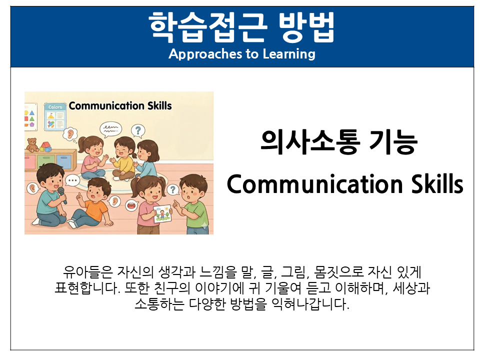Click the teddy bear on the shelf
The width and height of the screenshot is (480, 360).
pos(32,145)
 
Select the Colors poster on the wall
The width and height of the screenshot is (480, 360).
pos(55,116)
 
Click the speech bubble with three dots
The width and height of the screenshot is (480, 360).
pos(72,180)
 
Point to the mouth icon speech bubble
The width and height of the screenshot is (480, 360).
pos(131,205)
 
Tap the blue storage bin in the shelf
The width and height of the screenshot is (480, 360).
pos(64,161)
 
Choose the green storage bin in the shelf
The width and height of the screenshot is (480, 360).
pos(46,161)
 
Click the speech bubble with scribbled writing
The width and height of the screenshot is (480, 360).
pos(110,129)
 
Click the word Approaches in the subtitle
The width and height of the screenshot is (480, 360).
pos(205,54)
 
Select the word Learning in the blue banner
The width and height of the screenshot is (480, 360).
pos(289,54)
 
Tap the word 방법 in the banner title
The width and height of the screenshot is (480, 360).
pos(306,27)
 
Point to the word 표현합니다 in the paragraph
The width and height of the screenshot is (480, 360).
pos(87,288)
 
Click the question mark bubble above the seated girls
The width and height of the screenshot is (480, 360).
pos(138,130)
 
